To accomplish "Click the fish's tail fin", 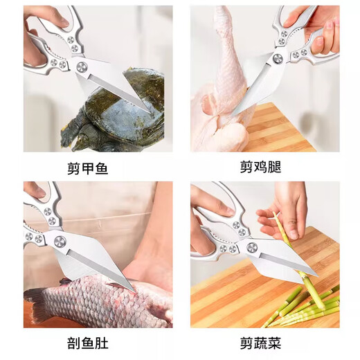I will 36,298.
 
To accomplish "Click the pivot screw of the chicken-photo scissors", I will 277,58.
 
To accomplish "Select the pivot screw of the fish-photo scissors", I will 60,242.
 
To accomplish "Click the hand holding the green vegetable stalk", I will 287,208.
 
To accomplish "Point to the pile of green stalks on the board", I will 305,305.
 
